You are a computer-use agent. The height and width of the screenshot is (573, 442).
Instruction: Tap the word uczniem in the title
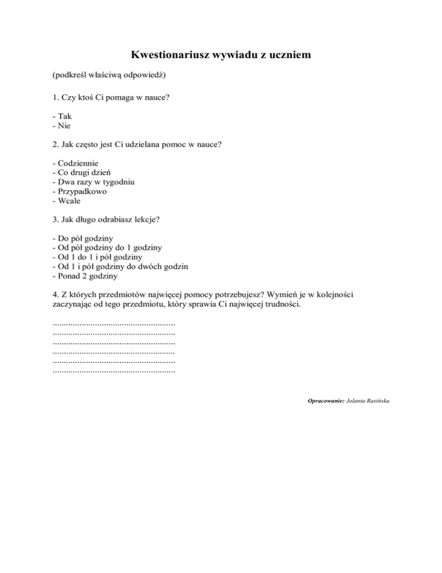[x=288, y=55]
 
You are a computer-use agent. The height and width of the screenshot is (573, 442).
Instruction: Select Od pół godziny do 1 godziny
[x=106, y=248]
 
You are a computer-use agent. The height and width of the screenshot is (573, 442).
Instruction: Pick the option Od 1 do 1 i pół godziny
[x=97, y=257]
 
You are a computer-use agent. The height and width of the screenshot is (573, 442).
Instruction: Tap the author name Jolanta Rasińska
[x=368, y=399]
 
